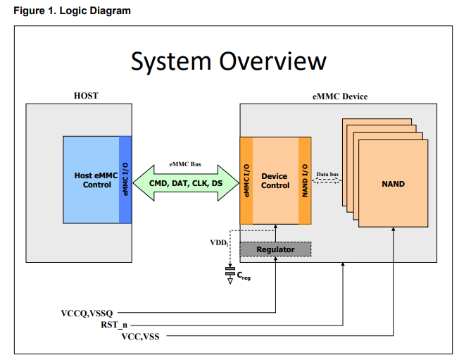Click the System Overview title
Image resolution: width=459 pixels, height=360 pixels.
pyautogui.click(x=229, y=61)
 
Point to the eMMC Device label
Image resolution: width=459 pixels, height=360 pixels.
pyautogui.click(x=339, y=96)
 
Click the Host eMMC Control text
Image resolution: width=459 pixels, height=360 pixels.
pyautogui.click(x=92, y=180)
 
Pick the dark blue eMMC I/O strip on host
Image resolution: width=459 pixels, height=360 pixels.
pyautogui.click(x=125, y=180)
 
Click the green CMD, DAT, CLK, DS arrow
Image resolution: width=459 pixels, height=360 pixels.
pyautogui.click(x=185, y=183)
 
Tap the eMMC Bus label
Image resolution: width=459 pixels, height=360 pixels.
pyautogui.click(x=185, y=164)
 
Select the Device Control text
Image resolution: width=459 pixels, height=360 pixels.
pyautogui.click(x=275, y=181)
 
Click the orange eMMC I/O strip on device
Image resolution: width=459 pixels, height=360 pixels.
pyautogui.click(x=246, y=181)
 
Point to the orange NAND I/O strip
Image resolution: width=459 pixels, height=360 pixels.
pyautogui.click(x=305, y=181)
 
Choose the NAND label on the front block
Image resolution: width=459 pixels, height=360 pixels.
pyautogui.click(x=393, y=184)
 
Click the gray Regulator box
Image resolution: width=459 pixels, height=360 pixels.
pyautogui.click(x=275, y=249)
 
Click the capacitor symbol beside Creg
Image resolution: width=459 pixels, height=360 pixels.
pyautogui.click(x=230, y=271)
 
